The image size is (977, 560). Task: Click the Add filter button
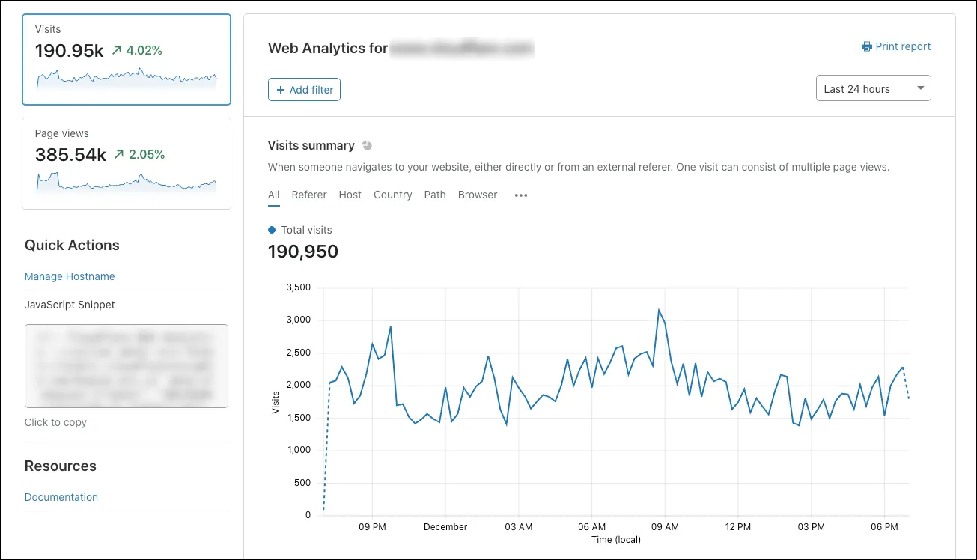(x=305, y=90)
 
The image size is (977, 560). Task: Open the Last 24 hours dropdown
(x=873, y=88)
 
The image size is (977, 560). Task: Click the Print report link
(x=896, y=46)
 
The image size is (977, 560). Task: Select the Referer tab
(x=309, y=195)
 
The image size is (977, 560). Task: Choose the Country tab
(x=392, y=195)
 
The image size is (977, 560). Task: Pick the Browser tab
(x=478, y=195)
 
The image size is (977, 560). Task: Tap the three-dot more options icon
(x=521, y=195)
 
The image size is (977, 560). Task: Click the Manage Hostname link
(x=70, y=276)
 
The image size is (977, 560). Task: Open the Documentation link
(x=61, y=497)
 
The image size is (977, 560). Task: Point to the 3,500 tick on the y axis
(x=298, y=287)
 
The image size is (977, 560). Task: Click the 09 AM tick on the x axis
(x=665, y=527)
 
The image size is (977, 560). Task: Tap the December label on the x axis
(x=445, y=527)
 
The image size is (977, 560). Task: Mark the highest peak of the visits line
(x=659, y=310)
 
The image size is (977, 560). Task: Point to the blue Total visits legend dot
(x=272, y=230)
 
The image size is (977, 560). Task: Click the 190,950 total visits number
(x=303, y=252)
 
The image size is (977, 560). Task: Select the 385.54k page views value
(x=70, y=155)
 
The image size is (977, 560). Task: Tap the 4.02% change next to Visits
(x=144, y=51)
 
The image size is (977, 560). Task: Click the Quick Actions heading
(x=72, y=245)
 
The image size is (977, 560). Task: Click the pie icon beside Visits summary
(x=367, y=145)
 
